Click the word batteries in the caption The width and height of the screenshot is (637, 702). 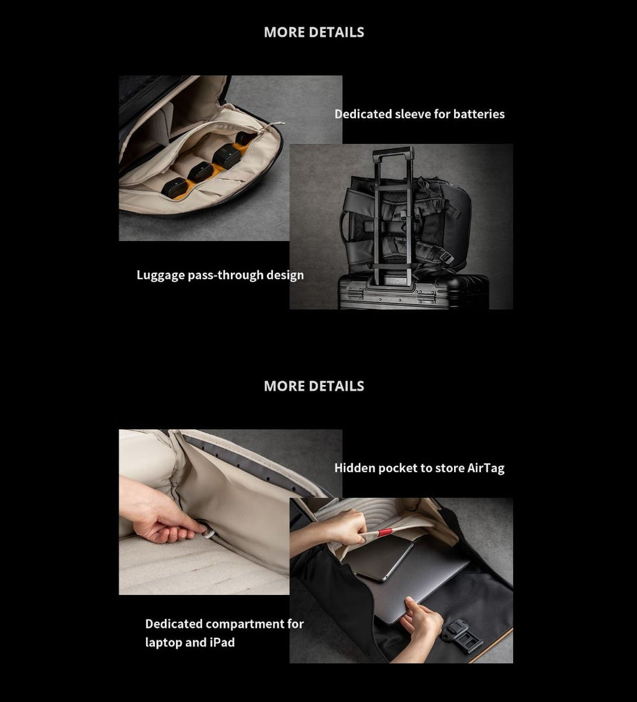[x=479, y=114]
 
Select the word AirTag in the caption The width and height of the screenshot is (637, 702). [x=486, y=468]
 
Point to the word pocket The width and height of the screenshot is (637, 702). [x=398, y=468]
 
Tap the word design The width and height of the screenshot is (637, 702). [x=285, y=275]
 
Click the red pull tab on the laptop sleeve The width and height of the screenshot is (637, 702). [x=385, y=533]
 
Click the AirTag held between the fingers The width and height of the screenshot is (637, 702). [x=207, y=531]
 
